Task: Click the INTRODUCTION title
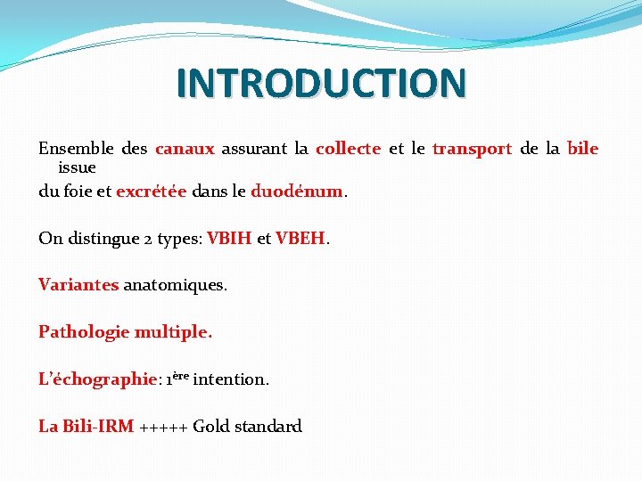(x=321, y=83)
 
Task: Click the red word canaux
(x=185, y=149)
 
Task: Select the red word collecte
(x=348, y=149)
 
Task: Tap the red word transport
(x=472, y=149)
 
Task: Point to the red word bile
(x=582, y=149)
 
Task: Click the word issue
(x=77, y=167)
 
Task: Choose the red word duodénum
(x=297, y=191)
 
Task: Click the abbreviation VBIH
(x=229, y=239)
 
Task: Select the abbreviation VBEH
(x=301, y=239)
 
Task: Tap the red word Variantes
(x=78, y=285)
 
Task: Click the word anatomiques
(x=175, y=285)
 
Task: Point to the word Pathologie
(x=84, y=332)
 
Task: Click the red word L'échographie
(x=97, y=379)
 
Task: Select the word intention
(x=230, y=379)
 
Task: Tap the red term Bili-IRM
(x=98, y=427)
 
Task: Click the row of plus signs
(x=163, y=428)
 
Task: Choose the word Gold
(x=211, y=427)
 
